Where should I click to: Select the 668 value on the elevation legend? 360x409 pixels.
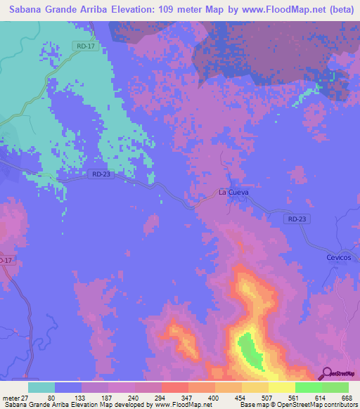tap(345, 397)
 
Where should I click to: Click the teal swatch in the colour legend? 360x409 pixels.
tap(42, 387)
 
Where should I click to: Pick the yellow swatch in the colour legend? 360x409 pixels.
tap(281, 387)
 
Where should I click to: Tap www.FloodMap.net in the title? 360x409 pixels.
tap(287, 11)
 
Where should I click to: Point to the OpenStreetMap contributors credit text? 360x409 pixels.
tap(314, 405)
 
